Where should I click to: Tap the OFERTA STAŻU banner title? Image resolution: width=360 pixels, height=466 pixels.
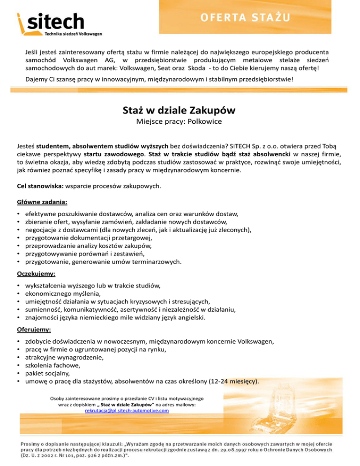point(246,18)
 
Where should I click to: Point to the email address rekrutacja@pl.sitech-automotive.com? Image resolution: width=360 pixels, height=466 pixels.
point(127,410)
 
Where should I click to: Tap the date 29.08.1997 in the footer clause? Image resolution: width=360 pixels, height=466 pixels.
point(258,449)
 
